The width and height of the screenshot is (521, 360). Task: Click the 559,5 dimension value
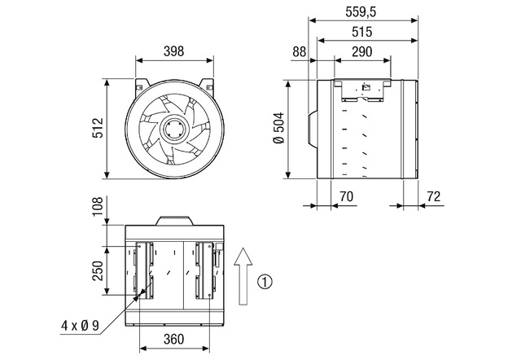point(361,12)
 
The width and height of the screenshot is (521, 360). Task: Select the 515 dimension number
point(361,33)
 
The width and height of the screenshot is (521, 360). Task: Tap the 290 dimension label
point(361,52)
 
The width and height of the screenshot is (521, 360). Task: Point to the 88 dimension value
point(299,52)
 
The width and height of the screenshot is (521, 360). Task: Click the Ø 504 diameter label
point(279,128)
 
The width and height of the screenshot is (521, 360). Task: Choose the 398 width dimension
point(173,51)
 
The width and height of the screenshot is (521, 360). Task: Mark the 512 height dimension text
point(98,128)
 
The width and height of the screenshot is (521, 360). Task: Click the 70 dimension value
point(346,197)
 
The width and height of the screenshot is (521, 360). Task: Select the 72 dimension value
point(434,197)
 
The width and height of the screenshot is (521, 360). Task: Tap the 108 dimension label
point(98,206)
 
